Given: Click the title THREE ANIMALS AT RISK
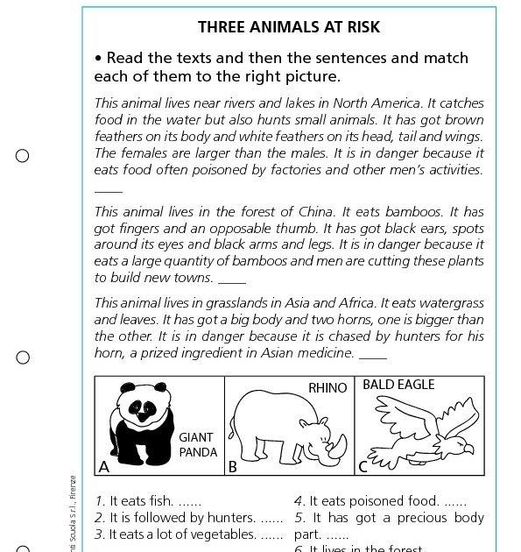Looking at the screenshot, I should (289, 27).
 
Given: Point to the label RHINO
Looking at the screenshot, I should (327, 387).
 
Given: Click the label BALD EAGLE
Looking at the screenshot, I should (398, 385).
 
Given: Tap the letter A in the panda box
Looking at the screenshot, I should (104, 467).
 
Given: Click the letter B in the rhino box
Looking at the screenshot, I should (233, 467).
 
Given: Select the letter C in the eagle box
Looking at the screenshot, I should (363, 467).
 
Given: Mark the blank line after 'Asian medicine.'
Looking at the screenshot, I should (372, 357).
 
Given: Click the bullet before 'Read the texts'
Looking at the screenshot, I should (99, 59).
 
